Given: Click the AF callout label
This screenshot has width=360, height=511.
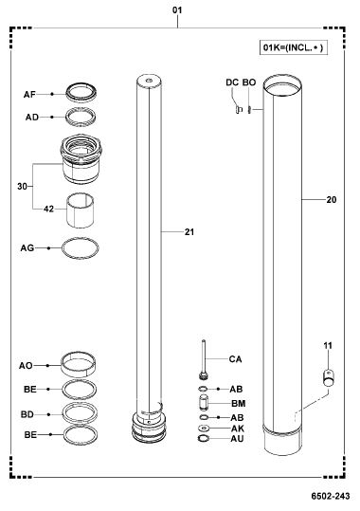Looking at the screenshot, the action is (29, 95).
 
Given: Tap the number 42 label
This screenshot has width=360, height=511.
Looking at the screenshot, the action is (48, 209).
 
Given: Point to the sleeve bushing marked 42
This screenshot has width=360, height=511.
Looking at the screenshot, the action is (81, 210).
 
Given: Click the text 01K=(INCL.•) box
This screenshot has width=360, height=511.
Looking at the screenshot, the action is (294, 47).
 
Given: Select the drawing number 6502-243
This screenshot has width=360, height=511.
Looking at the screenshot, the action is (331, 496).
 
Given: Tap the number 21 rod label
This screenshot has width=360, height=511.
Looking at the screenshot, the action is (189, 232).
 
